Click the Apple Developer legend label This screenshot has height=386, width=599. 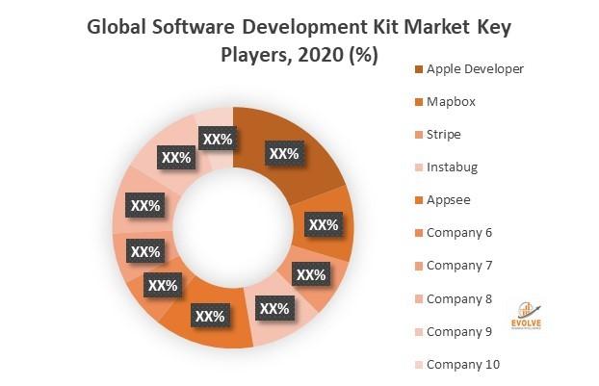(476, 68)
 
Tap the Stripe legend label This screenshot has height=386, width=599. (445, 134)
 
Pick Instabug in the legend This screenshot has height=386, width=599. (452, 167)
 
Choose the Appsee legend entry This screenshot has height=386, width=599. (448, 199)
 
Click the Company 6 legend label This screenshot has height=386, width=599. (459, 232)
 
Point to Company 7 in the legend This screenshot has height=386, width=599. (459, 265)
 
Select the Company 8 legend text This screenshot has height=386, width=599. (459, 297)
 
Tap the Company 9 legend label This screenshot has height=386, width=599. (459, 331)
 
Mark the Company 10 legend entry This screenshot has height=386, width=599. (463, 364)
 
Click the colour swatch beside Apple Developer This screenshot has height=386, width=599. (416, 68)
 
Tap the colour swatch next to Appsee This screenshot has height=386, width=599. (416, 199)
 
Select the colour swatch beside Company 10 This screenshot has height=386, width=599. (416, 364)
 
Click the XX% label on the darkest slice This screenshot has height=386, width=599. (283, 153)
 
